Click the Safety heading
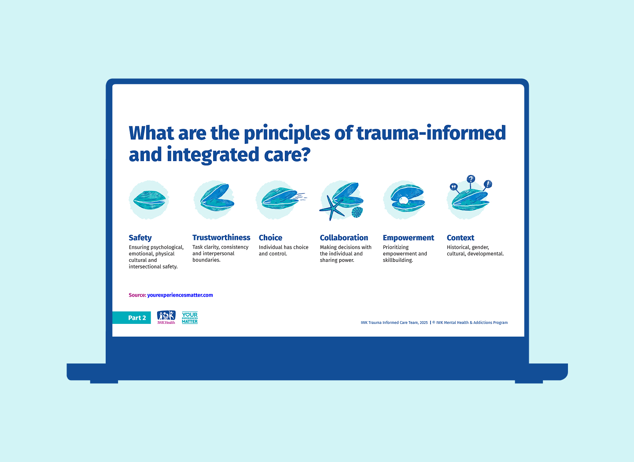(140, 238)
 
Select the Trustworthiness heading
(221, 238)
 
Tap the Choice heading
(270, 238)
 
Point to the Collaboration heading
(344, 238)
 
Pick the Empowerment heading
(408, 238)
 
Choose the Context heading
(460, 238)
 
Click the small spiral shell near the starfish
(357, 213)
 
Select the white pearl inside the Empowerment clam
(404, 201)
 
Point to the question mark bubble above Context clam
(471, 179)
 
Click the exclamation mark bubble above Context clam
(488, 184)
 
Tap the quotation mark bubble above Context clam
(453, 187)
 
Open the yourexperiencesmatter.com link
(180, 295)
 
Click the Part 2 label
(136, 318)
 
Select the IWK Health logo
(166, 317)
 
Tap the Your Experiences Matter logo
(190, 318)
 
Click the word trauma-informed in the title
(431, 133)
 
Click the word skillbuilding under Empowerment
(398, 260)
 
